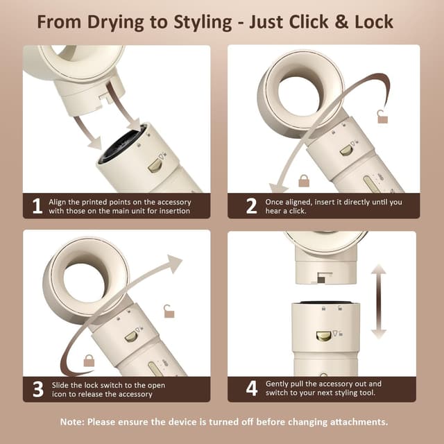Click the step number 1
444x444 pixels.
(x=36, y=205)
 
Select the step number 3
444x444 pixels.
(x=36, y=388)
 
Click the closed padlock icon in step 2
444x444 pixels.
(x=304, y=181)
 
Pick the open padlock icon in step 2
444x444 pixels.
(x=382, y=117)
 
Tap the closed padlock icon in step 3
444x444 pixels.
(x=89, y=360)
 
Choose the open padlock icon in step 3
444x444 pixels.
(x=169, y=311)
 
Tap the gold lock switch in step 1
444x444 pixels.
(x=156, y=165)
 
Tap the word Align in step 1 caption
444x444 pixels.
(x=59, y=202)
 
